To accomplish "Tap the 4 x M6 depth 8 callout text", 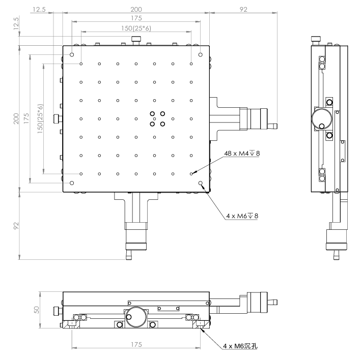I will (242, 216).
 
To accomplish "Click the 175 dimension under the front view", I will (136, 344).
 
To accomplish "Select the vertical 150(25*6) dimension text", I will (40, 118).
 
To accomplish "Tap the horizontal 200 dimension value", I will (136, 9).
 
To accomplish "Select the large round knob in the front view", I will (136, 318).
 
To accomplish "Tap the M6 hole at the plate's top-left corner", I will (72, 55).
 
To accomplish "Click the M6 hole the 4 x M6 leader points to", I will (201, 183).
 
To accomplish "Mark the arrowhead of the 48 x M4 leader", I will (193, 173).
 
